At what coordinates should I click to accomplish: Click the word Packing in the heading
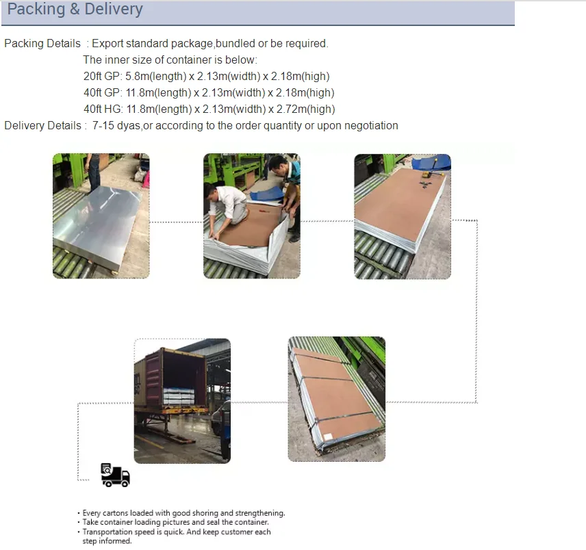36,9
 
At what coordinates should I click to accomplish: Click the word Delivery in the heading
114,9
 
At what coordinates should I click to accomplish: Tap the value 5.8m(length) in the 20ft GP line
156,76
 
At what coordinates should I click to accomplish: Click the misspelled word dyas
129,126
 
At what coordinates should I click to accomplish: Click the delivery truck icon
115,475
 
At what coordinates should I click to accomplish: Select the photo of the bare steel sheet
101,215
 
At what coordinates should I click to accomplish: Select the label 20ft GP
101,76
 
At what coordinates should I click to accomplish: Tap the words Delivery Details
42,126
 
